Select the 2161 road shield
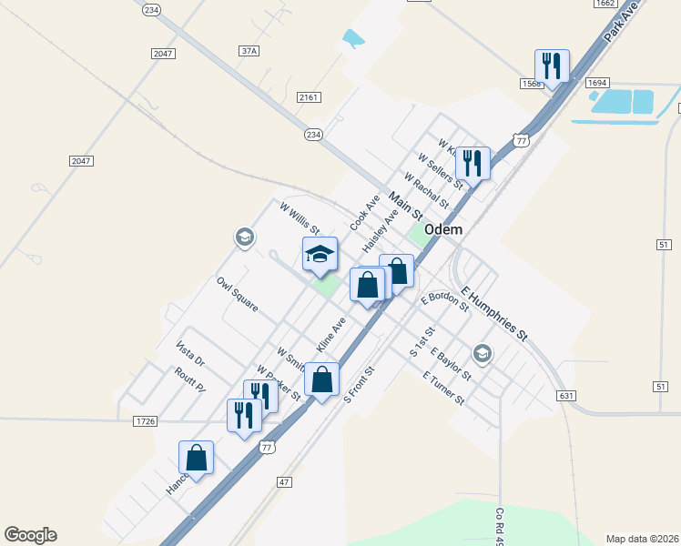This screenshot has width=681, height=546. click(x=309, y=96)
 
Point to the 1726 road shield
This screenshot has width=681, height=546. click(x=145, y=420)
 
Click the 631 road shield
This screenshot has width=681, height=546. click(x=566, y=395)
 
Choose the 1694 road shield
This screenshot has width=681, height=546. click(x=597, y=83)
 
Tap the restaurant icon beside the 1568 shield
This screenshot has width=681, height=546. click(x=552, y=66)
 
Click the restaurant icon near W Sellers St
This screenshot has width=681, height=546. click(x=473, y=163)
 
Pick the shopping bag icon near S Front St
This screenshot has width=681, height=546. click(x=321, y=379)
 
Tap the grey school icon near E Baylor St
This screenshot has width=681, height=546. click(x=482, y=353)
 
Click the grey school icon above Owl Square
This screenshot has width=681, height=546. click(x=243, y=238)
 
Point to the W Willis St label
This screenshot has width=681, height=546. click(x=300, y=218)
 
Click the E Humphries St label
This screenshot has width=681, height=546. click(x=494, y=314)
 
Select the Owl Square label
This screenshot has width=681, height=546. click(x=237, y=294)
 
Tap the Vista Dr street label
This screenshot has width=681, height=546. click(x=190, y=354)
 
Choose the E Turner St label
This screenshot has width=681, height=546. click(x=443, y=388)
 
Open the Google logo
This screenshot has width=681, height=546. click(x=30, y=535)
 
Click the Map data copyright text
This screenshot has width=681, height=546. click(x=642, y=538)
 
